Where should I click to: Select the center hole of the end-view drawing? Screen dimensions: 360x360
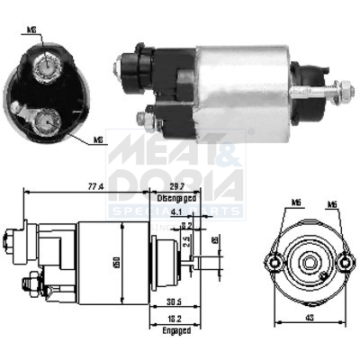point(310,264)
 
